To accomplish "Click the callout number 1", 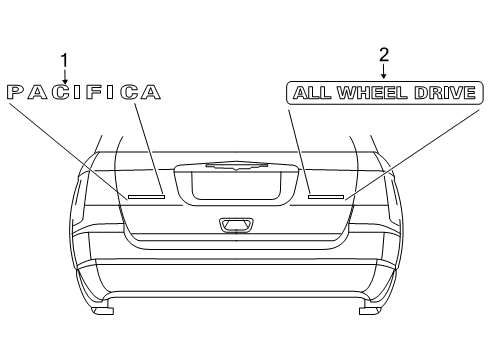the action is pos(66,59).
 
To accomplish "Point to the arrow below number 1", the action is pos(66,75).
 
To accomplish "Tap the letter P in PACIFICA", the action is pos(16,92).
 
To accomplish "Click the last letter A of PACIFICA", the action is pos(150,92).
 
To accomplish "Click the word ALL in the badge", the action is pos(309,93).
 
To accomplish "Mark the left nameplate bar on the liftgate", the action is pos(146,196).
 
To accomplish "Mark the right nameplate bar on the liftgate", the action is pos(325,196).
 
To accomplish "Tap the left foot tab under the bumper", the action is pos(103,311).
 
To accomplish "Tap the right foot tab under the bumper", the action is pos(368,311).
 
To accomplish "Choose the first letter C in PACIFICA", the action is pos(54,92).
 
